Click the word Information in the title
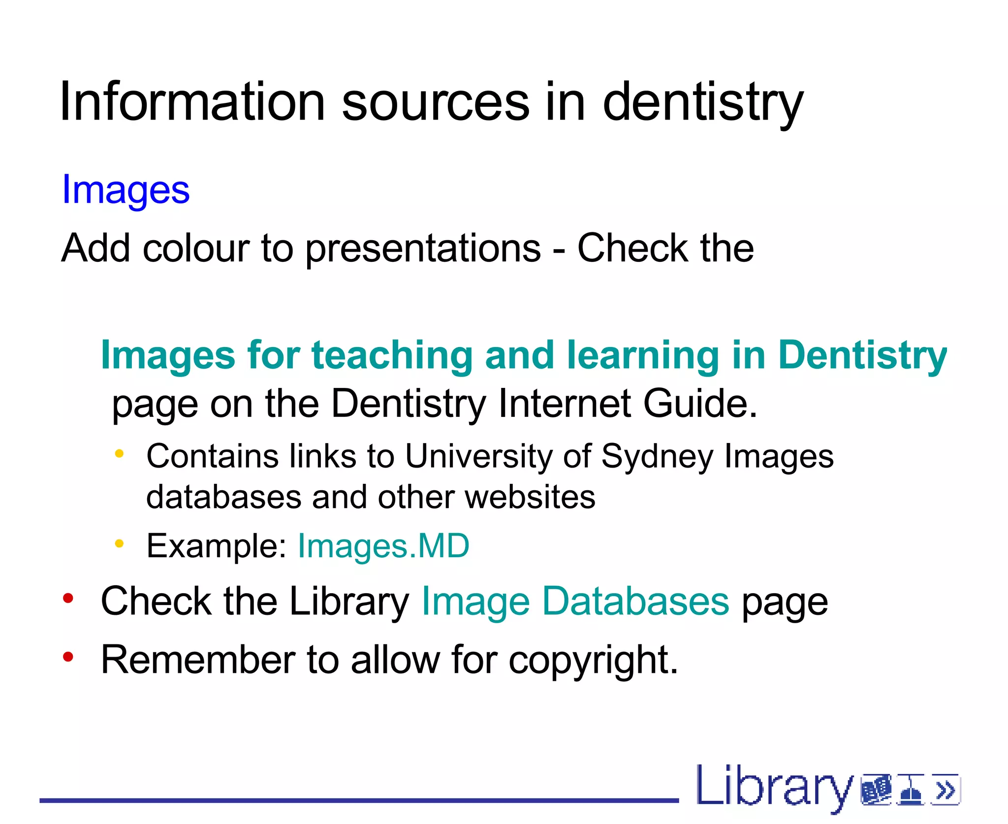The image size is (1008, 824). (192, 102)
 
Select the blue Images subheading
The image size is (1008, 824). (126, 190)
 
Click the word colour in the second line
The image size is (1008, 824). (196, 248)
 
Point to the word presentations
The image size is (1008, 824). (423, 249)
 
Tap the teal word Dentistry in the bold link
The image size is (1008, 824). (862, 355)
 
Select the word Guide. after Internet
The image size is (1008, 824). (701, 404)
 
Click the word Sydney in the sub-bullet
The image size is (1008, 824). (657, 457)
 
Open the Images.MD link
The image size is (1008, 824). (383, 546)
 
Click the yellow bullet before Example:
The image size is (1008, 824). (119, 543)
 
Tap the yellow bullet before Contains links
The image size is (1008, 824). (119, 453)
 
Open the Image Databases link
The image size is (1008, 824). (575, 602)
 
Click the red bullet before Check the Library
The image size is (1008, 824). (68, 599)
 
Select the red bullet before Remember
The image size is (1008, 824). (68, 657)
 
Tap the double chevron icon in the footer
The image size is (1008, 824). (945, 791)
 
